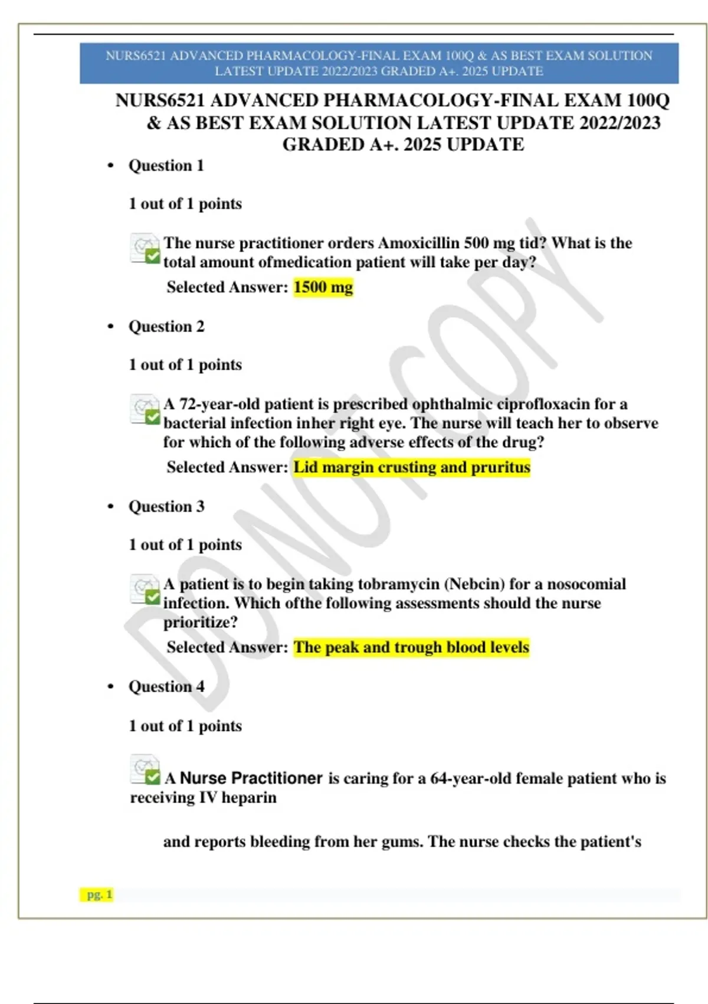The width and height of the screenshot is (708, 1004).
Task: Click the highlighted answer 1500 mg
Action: click(x=323, y=288)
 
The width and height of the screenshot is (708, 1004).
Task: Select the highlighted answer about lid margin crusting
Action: click(x=412, y=467)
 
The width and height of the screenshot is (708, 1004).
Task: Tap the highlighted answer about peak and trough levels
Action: click(x=411, y=647)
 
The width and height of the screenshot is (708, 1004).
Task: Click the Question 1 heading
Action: click(x=166, y=165)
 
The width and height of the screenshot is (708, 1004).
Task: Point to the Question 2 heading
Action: click(x=166, y=327)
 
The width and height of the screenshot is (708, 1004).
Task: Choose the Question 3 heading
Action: click(x=166, y=507)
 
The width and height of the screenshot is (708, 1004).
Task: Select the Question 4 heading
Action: click(x=166, y=687)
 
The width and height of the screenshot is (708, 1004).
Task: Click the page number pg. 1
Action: click(x=99, y=895)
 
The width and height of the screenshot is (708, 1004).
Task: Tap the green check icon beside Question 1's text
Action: click(x=153, y=256)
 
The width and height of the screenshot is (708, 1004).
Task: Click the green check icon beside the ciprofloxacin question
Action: click(x=153, y=418)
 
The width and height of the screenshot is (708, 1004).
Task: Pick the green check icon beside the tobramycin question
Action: click(x=153, y=598)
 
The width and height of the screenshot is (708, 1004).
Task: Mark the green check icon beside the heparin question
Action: click(x=153, y=777)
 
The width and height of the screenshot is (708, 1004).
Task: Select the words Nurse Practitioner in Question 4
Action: click(x=251, y=778)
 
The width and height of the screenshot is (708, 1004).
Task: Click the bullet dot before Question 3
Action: click(x=110, y=507)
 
